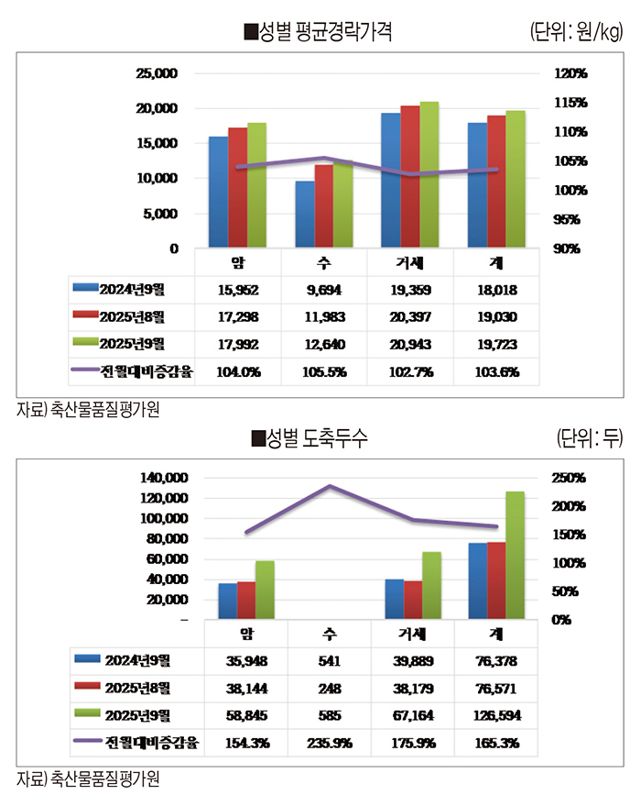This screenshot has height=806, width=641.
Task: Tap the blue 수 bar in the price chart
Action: [x=305, y=215]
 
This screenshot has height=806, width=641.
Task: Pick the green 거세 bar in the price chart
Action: [x=429, y=174]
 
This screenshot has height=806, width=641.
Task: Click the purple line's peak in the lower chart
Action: [x=330, y=486]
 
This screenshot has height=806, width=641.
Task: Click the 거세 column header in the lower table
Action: [x=413, y=634]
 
